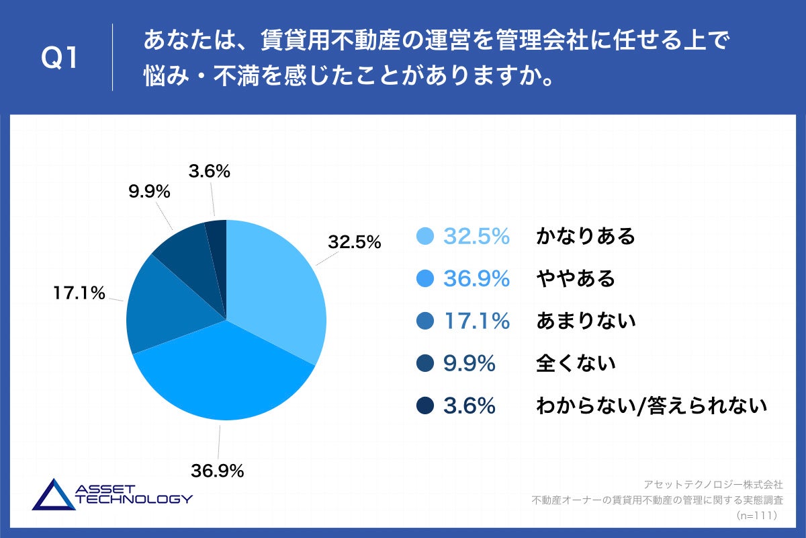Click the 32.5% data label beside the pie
(x=354, y=241)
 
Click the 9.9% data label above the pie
(x=149, y=192)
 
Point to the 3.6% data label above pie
(x=210, y=171)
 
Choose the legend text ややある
(x=576, y=278)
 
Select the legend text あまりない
(x=586, y=321)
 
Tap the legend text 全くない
(x=576, y=364)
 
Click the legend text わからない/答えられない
(x=651, y=406)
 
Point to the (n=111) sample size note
(x=756, y=514)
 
